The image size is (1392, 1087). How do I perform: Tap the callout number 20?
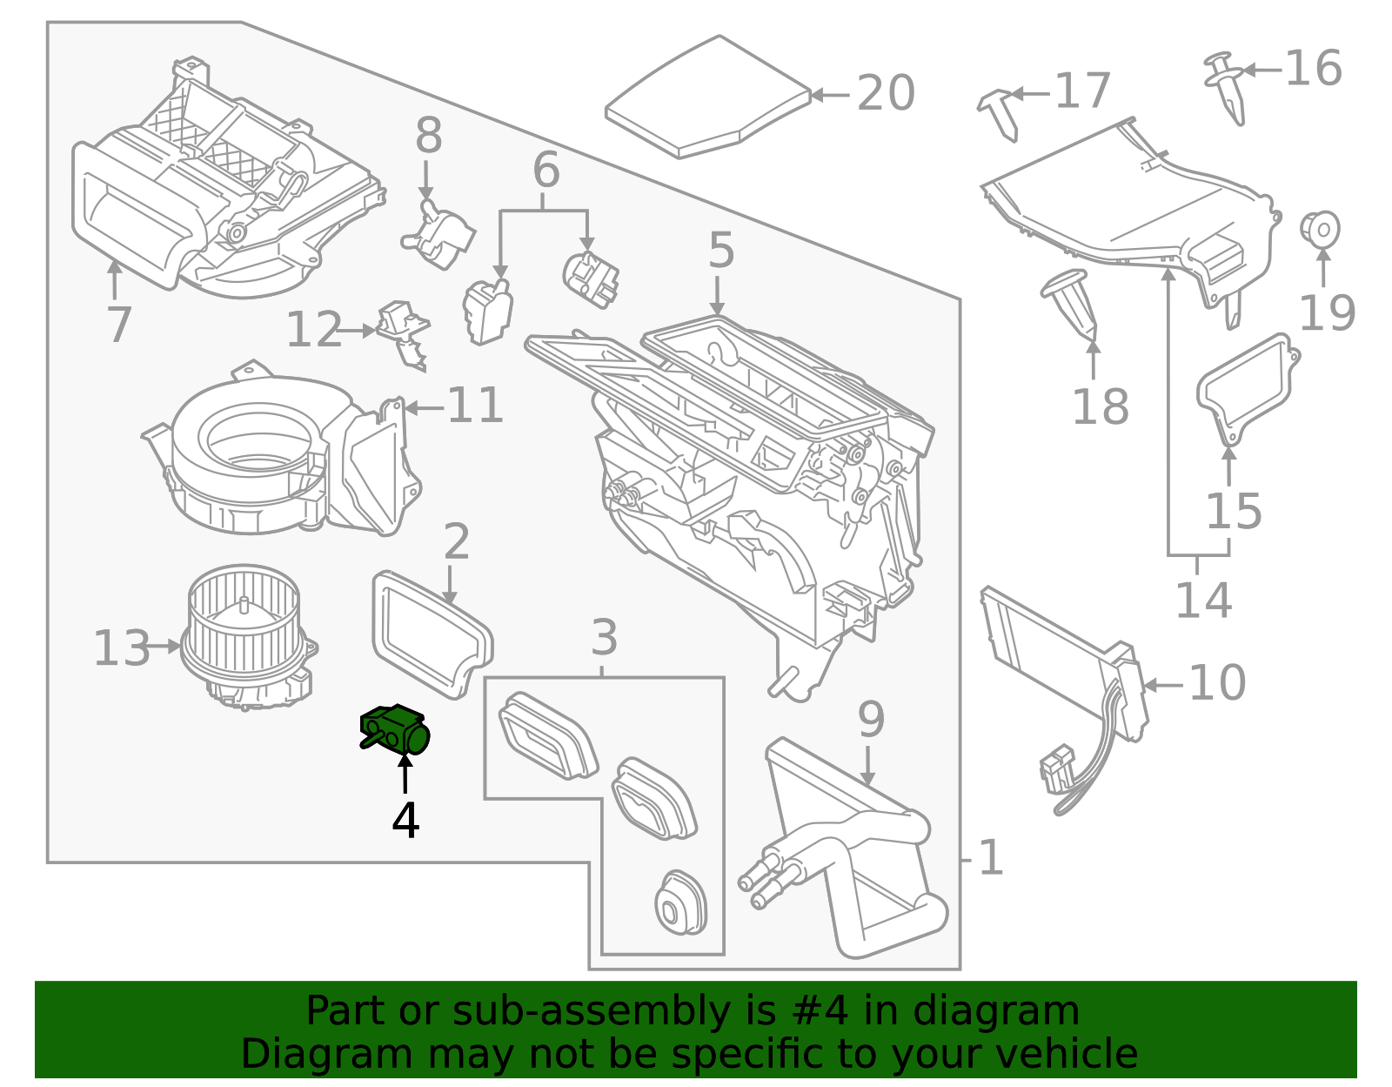pos(886,93)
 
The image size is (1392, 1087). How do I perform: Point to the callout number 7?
pos(118,324)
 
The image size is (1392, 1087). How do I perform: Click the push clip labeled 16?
pos(1228,87)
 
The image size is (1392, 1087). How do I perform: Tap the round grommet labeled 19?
pos(1320,229)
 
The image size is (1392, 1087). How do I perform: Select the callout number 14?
pos(1203,600)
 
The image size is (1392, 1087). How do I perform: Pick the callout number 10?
pos(1216,682)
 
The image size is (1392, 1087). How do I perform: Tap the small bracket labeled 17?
pos(1000,112)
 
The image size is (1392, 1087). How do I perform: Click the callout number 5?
pos(720,251)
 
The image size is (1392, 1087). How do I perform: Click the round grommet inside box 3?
pos(679,905)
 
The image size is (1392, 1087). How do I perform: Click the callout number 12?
pos(313,331)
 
